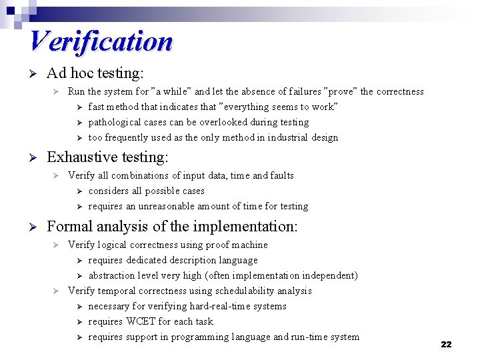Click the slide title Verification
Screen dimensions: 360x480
coord(101,41)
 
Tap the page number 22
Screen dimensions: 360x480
coord(446,344)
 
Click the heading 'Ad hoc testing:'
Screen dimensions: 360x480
coord(95,72)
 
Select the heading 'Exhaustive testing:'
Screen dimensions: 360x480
coord(107,157)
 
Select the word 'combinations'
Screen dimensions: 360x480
coord(141,175)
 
